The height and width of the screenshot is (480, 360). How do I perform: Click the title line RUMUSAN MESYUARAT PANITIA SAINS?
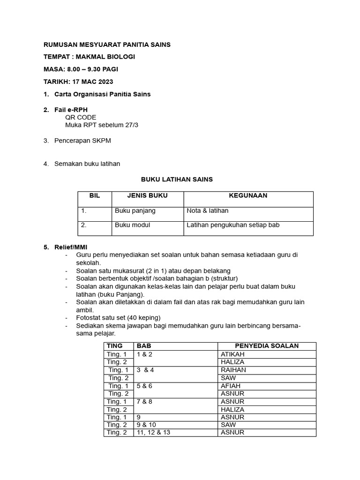click(107, 45)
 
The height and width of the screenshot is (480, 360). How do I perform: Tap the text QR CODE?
click(81, 117)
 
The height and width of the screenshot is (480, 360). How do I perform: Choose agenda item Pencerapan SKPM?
click(82, 141)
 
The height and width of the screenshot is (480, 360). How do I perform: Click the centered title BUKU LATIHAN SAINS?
click(177, 179)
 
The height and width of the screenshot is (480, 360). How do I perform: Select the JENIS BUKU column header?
click(147, 195)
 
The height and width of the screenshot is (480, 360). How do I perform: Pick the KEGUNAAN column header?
click(248, 195)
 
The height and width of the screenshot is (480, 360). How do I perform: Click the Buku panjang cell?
click(135, 211)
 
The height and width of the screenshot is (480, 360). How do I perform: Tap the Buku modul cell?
click(133, 225)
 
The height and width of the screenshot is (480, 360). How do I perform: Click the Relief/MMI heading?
click(71, 247)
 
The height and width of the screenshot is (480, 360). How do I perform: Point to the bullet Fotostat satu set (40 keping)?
click(118, 318)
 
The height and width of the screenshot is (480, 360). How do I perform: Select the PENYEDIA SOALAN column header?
click(267, 346)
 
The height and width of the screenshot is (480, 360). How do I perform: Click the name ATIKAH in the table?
click(232, 354)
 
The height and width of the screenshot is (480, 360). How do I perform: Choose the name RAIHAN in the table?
click(233, 370)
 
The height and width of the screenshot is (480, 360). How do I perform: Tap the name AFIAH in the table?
click(230, 386)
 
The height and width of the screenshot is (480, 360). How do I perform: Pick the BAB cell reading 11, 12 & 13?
click(153, 433)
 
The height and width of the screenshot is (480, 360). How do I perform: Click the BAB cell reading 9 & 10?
click(146, 425)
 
